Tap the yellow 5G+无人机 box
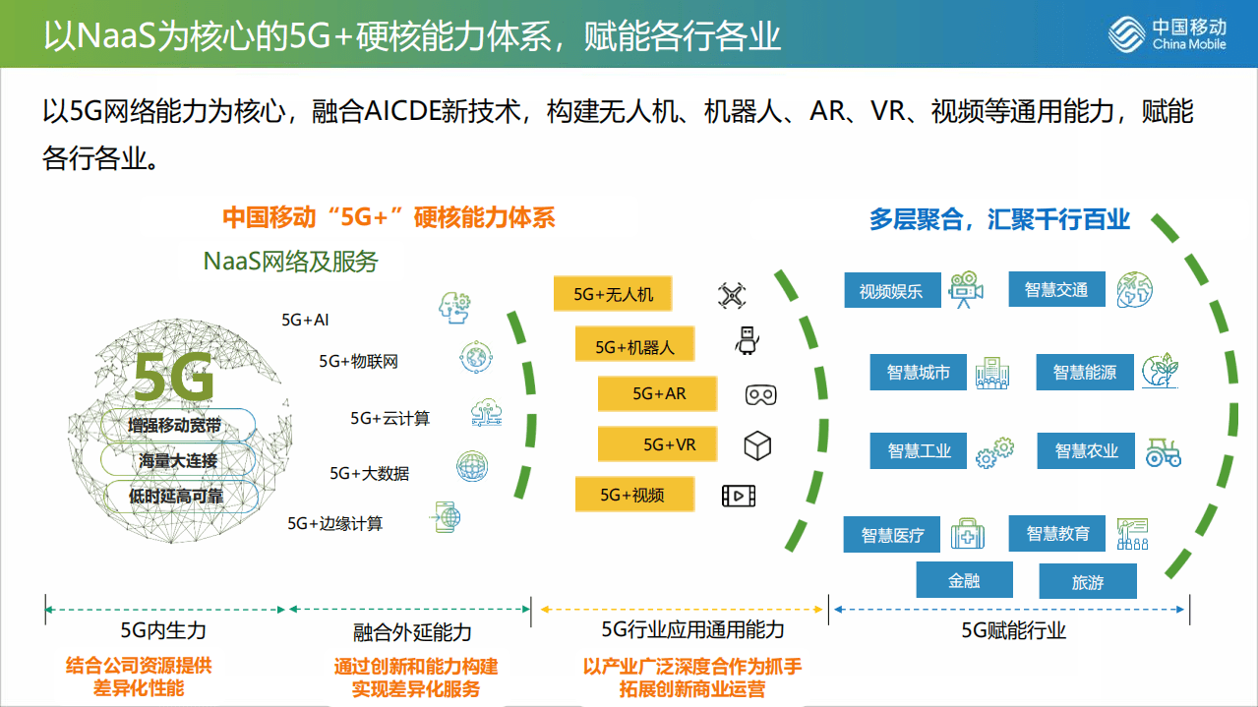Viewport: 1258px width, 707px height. (x=612, y=294)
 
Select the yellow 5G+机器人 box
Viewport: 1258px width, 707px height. (x=634, y=346)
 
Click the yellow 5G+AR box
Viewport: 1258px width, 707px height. (x=657, y=394)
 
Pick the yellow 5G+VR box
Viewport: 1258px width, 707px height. (x=657, y=444)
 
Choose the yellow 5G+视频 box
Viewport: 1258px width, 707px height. (x=633, y=495)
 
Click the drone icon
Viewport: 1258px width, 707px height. (x=732, y=295)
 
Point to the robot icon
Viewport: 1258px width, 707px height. (x=748, y=341)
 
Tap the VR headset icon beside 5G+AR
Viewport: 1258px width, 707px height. (x=760, y=395)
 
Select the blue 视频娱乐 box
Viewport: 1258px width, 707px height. (x=892, y=291)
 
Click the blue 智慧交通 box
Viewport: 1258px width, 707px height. (x=1056, y=290)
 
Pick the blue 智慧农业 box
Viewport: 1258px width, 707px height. (x=1086, y=450)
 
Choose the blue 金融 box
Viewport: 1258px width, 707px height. (x=964, y=580)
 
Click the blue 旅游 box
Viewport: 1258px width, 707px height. (x=1088, y=582)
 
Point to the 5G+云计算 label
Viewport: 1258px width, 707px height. (x=389, y=419)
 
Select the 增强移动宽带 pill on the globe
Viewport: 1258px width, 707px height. (x=174, y=426)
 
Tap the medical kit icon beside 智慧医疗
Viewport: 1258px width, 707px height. (x=967, y=535)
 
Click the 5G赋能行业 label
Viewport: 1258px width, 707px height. (x=1013, y=630)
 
